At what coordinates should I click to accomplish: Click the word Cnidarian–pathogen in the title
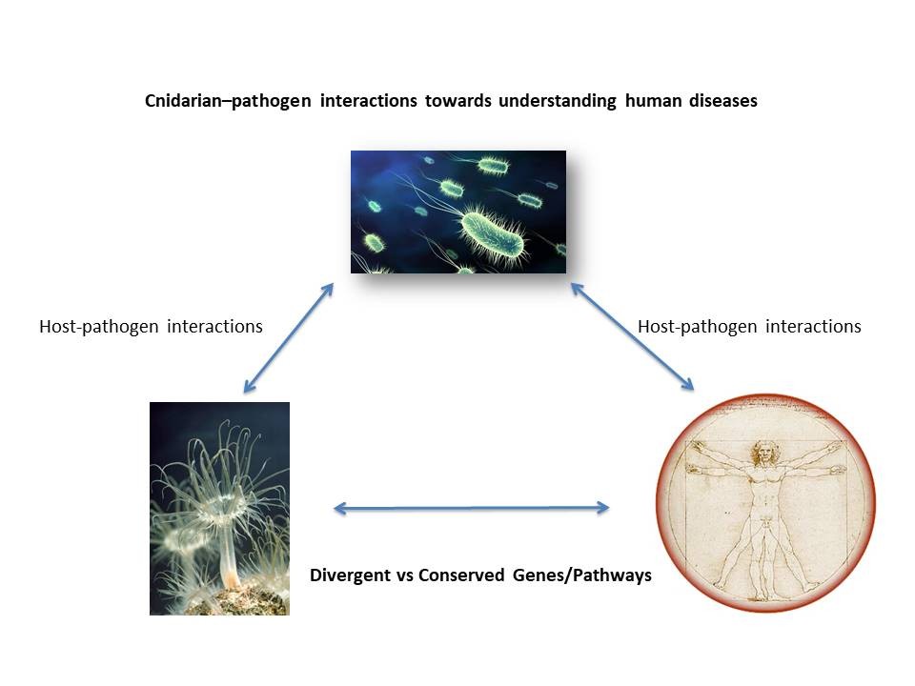pos(228,101)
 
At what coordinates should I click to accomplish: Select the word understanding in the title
pos(558,101)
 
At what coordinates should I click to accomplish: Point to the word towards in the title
pos(458,100)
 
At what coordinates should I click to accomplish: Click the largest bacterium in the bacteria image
pos(492,234)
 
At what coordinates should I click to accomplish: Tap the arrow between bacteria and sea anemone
pos(288,337)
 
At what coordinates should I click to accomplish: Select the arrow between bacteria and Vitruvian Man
pos(632,336)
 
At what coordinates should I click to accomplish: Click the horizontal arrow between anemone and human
pos(472,508)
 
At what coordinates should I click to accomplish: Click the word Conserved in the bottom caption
pos(461,575)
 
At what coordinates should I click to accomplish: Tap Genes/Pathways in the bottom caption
pos(582,575)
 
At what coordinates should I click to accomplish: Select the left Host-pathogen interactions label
pos(151,327)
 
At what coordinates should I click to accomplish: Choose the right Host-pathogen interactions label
pos(749,327)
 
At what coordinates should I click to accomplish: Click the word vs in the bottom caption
pos(404,575)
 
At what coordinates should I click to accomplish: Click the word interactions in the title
pos(368,100)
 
